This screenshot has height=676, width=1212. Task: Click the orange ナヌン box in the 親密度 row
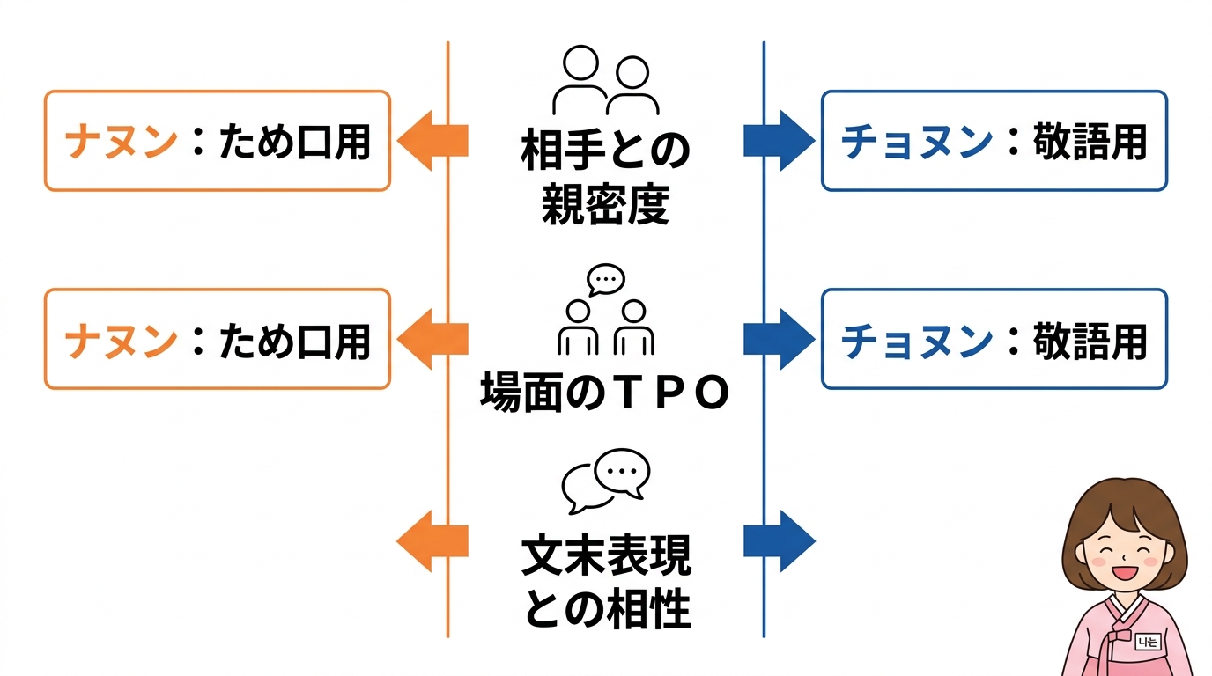[x=218, y=141]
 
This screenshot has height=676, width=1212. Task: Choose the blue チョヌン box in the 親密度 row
[x=994, y=141]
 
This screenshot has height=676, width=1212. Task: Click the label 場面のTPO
[x=605, y=393]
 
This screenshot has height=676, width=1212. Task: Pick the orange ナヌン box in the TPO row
[x=218, y=339]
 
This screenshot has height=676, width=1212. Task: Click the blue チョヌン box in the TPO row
[x=994, y=339]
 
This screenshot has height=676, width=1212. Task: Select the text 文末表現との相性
[x=605, y=581]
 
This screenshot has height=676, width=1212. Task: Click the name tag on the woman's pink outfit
[x=1148, y=642]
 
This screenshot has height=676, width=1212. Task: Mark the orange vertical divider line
[x=447, y=440]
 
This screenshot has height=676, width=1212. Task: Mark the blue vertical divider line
[x=764, y=440]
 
